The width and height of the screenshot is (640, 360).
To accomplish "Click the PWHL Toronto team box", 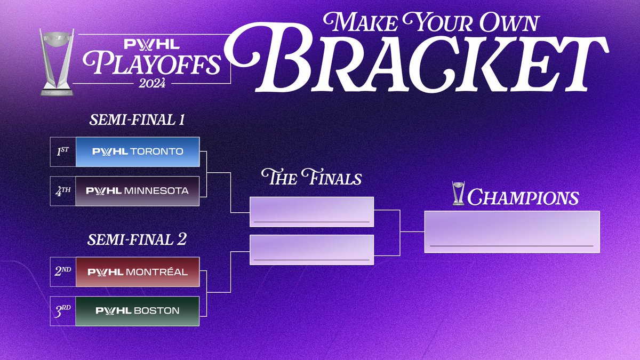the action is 138,151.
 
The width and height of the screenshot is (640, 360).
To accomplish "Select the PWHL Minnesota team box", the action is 138,191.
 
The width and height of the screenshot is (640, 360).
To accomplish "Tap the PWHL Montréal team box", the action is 138,271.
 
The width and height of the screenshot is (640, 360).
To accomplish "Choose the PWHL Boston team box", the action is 138,311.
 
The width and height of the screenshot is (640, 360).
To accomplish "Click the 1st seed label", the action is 63,151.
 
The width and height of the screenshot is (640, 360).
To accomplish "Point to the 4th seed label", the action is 63,191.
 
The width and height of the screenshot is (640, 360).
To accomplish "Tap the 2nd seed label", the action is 63,271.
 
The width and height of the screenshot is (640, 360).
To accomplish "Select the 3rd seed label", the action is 62,311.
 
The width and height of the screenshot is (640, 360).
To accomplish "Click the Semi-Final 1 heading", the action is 137,119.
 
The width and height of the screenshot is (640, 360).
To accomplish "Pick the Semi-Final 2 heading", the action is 137,239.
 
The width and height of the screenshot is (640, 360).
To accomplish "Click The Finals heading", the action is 311,177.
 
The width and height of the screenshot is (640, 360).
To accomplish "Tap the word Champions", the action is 523,197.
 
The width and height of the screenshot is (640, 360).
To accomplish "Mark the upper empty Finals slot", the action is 311,212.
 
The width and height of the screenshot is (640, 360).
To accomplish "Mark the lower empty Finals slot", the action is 311,250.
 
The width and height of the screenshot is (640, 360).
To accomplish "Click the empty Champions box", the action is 512,231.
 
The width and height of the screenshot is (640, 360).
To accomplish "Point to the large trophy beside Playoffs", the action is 57,62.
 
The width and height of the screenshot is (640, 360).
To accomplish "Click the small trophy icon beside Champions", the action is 458,193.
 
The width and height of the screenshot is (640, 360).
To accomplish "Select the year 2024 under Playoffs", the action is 152,83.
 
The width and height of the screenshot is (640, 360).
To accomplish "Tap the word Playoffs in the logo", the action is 152,63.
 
